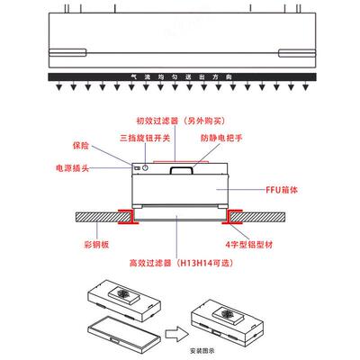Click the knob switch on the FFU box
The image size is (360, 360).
(140, 169)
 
